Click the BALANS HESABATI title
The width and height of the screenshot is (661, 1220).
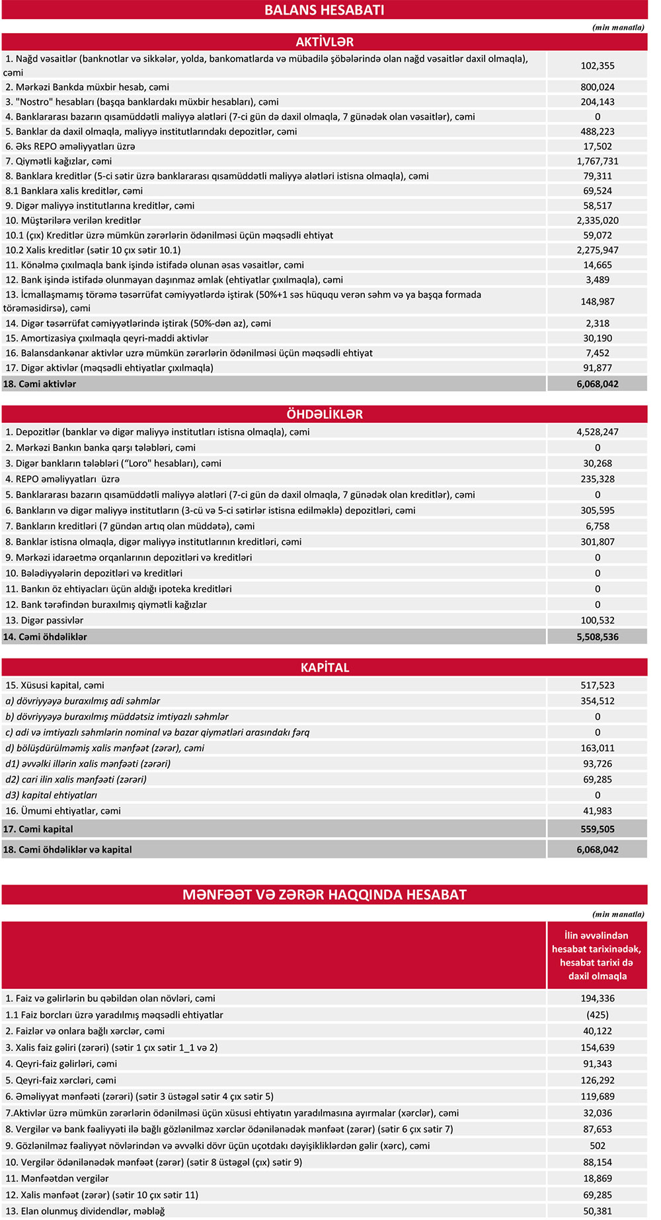(324, 10)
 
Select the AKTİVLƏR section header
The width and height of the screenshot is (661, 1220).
(324, 42)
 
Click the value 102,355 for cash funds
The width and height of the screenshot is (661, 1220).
(598, 65)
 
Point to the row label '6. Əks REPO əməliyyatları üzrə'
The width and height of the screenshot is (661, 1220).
(70, 146)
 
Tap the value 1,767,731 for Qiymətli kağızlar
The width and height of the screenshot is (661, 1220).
(598, 161)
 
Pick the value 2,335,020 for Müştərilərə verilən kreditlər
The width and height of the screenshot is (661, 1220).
(598, 221)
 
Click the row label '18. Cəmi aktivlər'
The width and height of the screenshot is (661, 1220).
(40, 384)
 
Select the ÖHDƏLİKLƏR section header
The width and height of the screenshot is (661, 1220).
(324, 414)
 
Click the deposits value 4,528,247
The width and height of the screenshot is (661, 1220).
(598, 432)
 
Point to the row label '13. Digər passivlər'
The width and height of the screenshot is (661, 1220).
(44, 620)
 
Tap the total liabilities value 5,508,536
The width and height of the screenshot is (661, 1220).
(598, 637)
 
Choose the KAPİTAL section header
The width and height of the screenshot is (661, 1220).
(324, 667)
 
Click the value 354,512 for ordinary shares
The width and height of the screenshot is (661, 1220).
(598, 701)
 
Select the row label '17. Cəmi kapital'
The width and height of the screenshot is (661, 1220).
(38, 829)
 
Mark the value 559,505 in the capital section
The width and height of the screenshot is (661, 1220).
(598, 829)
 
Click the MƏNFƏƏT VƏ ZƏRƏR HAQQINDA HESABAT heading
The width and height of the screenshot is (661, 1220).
(324, 894)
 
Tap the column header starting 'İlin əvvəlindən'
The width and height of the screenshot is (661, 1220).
(597, 955)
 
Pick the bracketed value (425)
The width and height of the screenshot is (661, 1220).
(598, 1015)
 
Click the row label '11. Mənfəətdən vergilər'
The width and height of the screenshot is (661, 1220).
(57, 1178)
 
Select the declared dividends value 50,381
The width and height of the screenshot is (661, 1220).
(598, 1211)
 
